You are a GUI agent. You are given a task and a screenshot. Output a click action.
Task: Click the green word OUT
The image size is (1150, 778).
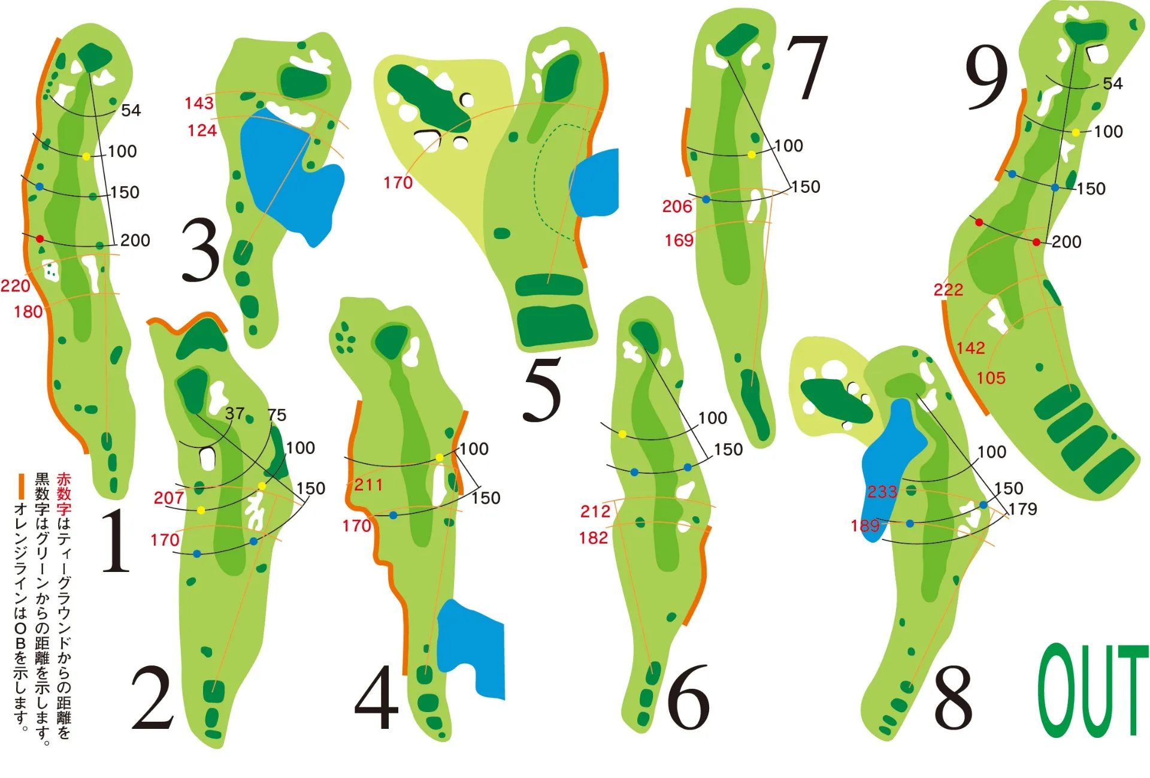coord(1092,691)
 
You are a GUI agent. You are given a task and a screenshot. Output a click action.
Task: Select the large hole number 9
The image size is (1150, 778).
coord(986,78)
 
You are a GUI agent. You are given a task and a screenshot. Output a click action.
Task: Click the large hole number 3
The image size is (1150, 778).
coord(201,250)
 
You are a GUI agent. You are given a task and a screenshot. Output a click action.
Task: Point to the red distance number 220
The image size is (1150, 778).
coord(15,286)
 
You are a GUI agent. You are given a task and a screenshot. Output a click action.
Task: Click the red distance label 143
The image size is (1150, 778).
coord(199,103)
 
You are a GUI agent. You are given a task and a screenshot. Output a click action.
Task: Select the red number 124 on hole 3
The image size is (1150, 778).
coord(202,130)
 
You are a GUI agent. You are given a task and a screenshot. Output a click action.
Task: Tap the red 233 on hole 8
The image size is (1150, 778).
coord(882,492)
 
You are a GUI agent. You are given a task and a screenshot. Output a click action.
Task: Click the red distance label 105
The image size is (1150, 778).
coord(991,378)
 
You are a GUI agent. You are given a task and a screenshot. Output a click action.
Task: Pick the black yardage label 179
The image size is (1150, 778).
coord(1023,509)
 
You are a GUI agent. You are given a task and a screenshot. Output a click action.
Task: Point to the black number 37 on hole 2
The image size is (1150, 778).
coord(234,413)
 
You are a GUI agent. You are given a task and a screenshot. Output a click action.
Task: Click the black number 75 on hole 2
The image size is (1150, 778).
coord(277,415)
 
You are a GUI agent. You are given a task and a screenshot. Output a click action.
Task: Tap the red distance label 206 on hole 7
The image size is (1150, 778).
coord(677,207)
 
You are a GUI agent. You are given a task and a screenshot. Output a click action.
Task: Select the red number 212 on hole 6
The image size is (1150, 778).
coord(595,511)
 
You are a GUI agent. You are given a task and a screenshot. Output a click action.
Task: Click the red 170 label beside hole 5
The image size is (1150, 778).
coord(398,183)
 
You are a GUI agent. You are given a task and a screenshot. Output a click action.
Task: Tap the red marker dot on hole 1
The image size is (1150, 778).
coord(40,239)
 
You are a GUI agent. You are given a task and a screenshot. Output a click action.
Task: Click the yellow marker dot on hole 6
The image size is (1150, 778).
coord(622,434)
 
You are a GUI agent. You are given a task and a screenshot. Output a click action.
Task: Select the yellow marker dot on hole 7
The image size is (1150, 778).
coord(752,155)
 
